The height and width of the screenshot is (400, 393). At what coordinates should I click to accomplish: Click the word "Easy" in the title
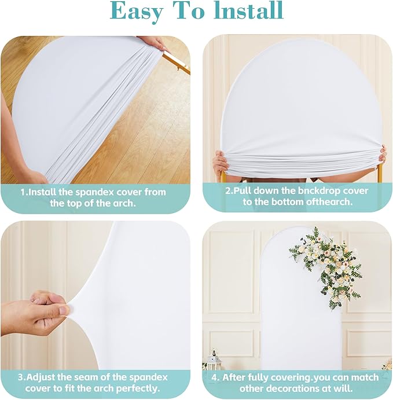point(136,12)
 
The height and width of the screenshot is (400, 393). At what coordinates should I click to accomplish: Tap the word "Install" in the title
point(249,10)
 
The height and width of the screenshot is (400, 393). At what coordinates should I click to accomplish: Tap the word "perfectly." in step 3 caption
point(138,388)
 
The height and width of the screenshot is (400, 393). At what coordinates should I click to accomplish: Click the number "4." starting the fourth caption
point(216,377)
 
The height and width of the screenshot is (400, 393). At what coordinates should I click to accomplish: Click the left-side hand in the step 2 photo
point(221,162)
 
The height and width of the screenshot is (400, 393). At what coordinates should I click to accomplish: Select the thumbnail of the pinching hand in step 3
point(63,310)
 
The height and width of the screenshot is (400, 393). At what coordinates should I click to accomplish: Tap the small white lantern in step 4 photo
point(214,359)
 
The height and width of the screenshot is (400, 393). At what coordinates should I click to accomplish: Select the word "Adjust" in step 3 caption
point(41,377)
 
